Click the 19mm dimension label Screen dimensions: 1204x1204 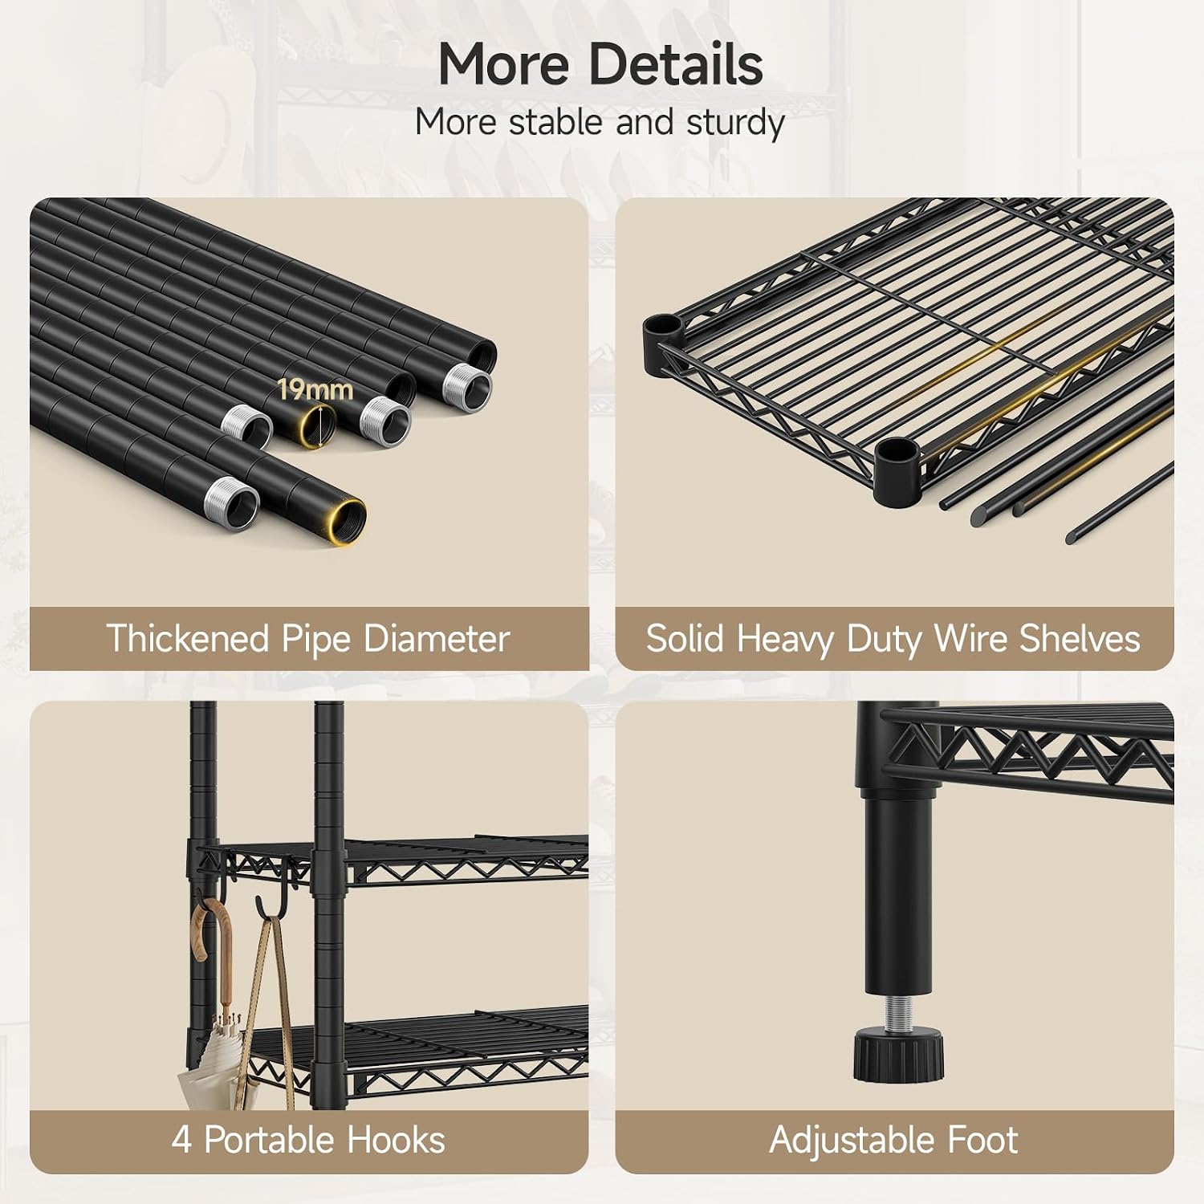pos(315,390)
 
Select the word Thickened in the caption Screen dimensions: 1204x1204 pos(187,639)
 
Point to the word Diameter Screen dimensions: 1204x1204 pos(437,639)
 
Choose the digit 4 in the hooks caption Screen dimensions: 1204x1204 pos(181,1140)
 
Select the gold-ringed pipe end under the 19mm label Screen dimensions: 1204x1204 pos(317,425)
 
